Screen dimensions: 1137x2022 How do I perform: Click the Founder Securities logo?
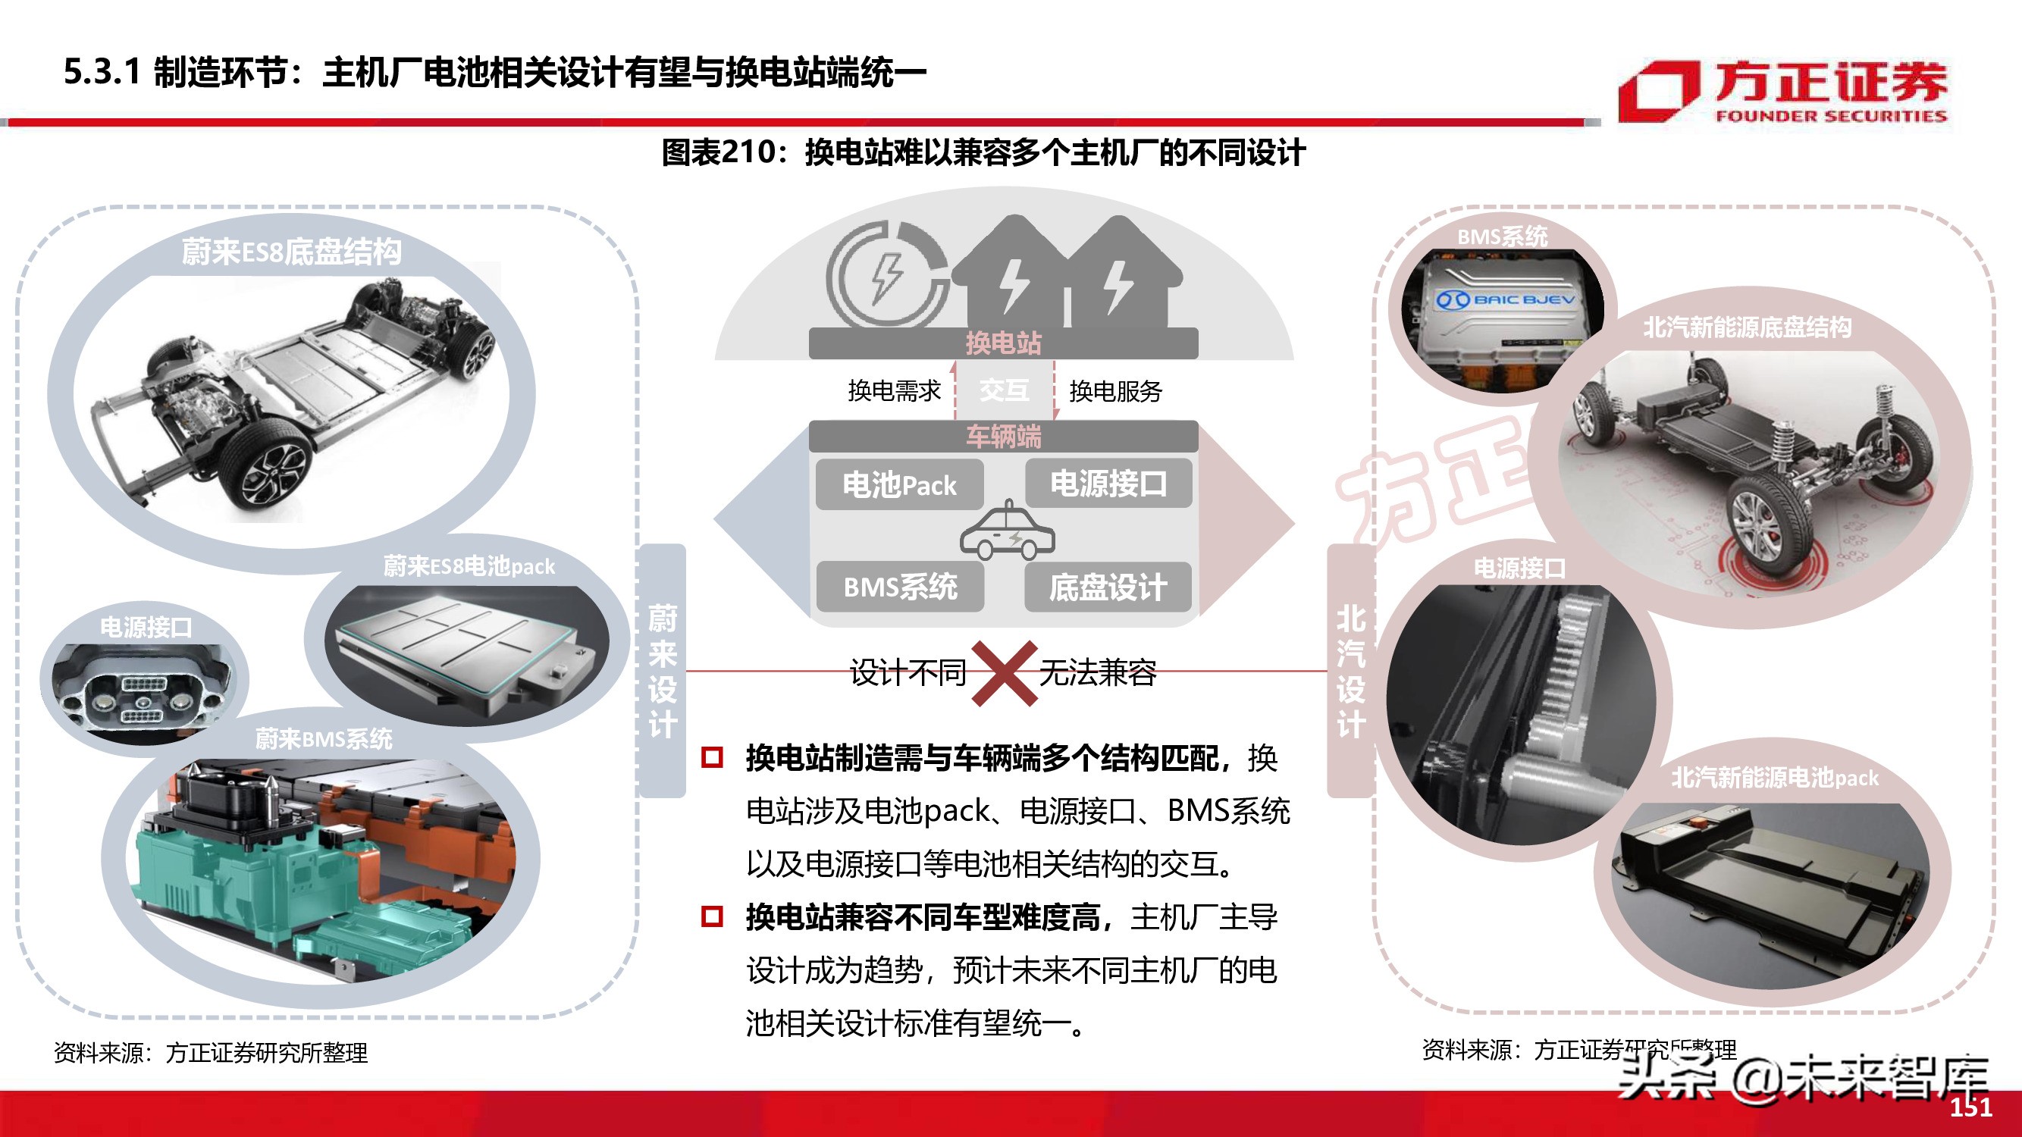click(x=1782, y=91)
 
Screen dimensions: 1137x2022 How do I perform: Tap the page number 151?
click(x=1971, y=1107)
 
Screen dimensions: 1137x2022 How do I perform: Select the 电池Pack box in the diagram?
click(x=899, y=485)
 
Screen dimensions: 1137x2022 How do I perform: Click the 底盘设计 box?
click(x=1108, y=587)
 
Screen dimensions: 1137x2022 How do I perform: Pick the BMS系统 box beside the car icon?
click(x=899, y=587)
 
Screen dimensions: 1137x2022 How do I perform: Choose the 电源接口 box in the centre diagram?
click(x=1108, y=484)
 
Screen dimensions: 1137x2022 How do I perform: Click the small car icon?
click(x=1007, y=533)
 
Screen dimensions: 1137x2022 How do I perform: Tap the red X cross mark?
click(x=1003, y=673)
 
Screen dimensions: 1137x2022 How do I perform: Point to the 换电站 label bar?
click(x=1003, y=343)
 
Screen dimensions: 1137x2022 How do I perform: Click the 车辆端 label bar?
click(x=1003, y=437)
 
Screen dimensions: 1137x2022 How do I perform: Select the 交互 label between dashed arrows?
click(x=1004, y=390)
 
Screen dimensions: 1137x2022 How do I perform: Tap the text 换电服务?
click(x=1115, y=391)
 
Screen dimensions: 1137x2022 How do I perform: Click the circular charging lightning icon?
click(x=888, y=275)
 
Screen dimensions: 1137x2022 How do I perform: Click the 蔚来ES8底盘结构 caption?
click(x=291, y=252)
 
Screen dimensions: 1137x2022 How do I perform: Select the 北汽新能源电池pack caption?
click(x=1774, y=778)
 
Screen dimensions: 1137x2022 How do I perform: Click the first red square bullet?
click(x=712, y=757)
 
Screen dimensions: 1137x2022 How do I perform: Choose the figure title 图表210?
click(x=983, y=152)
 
